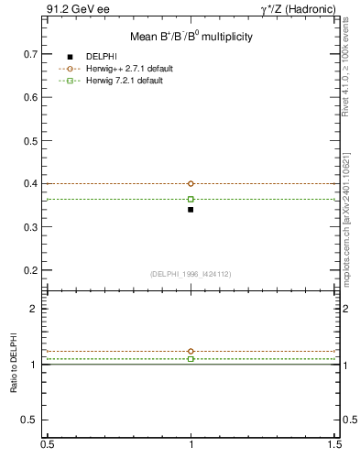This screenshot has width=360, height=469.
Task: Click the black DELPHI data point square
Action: click(191, 210)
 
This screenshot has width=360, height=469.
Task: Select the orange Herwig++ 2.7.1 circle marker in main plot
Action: click(191, 183)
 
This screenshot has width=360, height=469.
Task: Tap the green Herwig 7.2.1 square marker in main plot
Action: click(191, 199)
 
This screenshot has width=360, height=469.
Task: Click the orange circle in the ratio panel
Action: click(191, 351)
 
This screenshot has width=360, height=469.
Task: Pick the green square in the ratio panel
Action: click(191, 359)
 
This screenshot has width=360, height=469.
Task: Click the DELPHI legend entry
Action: click(100, 57)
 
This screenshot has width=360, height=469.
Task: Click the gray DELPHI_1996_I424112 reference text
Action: click(191, 273)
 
